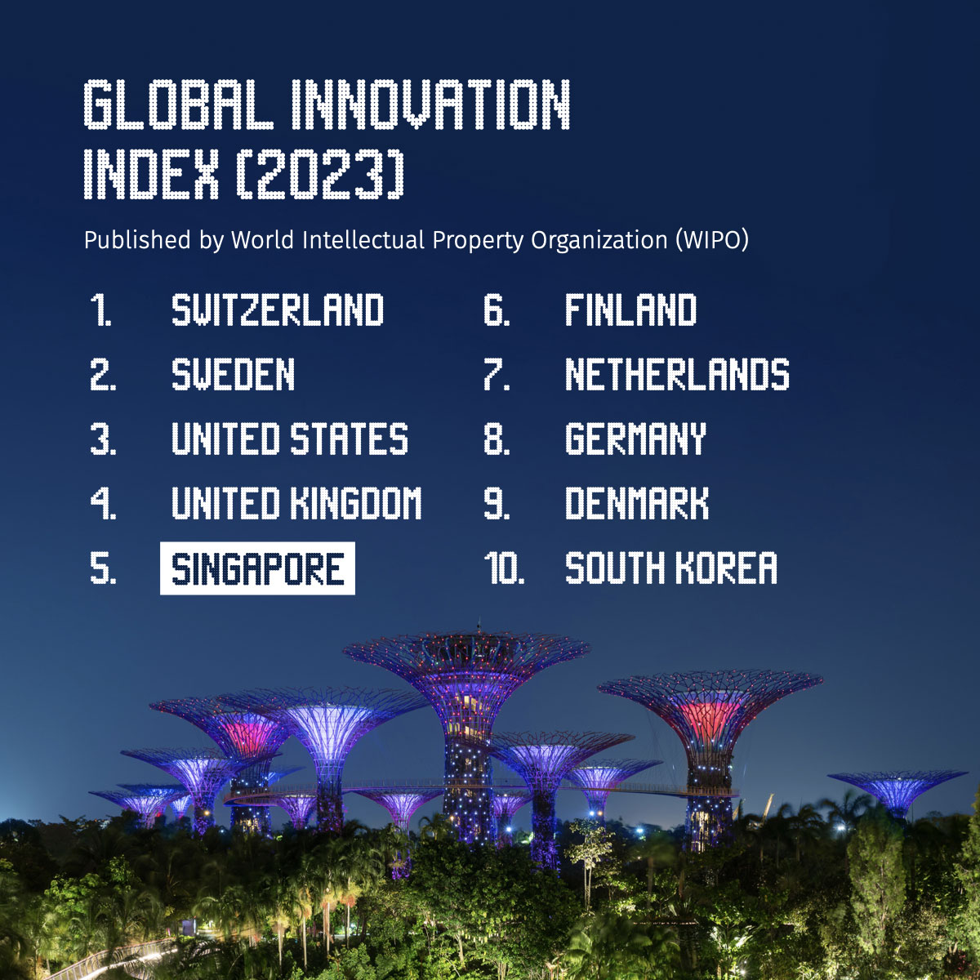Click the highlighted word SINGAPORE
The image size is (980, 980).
pyautogui.click(x=257, y=568)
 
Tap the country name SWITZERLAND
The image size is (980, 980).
pyautogui.click(x=278, y=310)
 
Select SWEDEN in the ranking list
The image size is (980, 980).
pyautogui.click(x=233, y=374)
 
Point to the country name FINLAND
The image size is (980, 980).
pyautogui.click(x=630, y=310)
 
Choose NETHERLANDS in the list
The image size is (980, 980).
pyautogui.click(x=677, y=374)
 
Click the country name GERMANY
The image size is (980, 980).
pyautogui.click(x=635, y=439)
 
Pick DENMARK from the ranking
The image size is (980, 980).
pyautogui.click(x=637, y=503)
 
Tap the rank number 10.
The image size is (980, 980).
pyautogui.click(x=504, y=568)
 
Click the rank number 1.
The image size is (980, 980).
pyautogui.click(x=100, y=310)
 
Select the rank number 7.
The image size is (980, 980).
pyautogui.click(x=497, y=374)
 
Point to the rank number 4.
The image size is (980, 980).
pyautogui.click(x=103, y=503)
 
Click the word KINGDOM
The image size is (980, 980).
pyautogui.click(x=356, y=503)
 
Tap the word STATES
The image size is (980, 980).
pyautogui.click(x=350, y=439)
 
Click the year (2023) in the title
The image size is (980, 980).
pyautogui.click(x=320, y=175)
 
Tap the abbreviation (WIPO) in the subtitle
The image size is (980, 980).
pyautogui.click(x=712, y=240)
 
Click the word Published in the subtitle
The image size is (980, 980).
pyautogui.click(x=137, y=240)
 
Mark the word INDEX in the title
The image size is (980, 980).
pyautogui.click(x=151, y=175)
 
